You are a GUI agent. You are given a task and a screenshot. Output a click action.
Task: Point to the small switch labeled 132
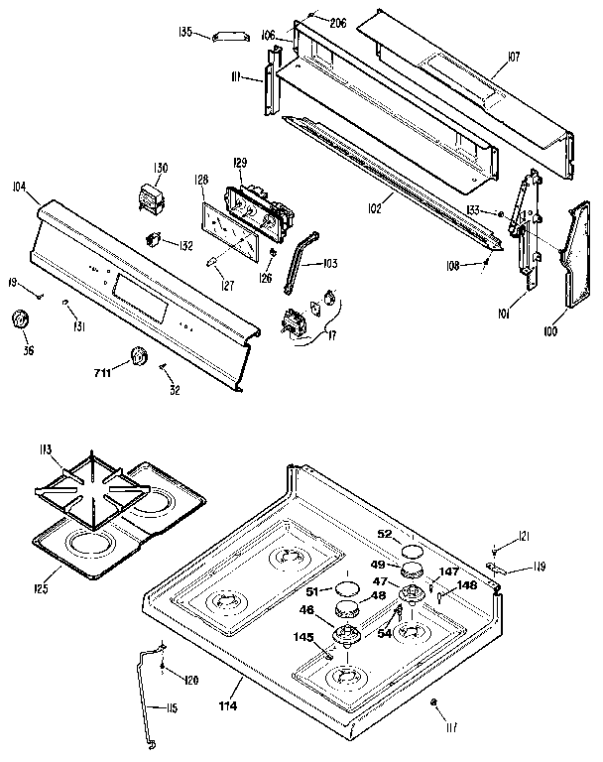pyautogui.click(x=153, y=239)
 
